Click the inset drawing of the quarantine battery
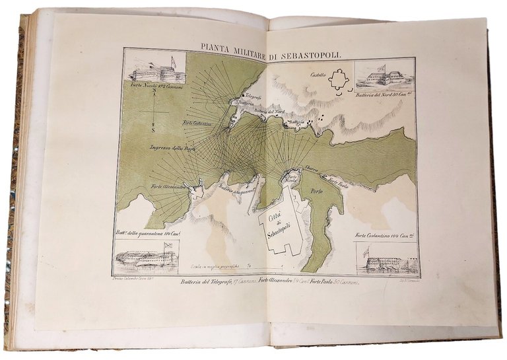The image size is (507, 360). coord(146,256)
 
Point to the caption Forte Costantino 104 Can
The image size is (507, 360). coord(385,236)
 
